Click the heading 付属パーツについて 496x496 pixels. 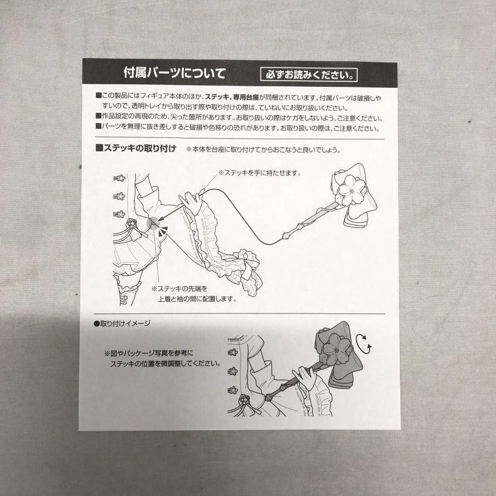174,73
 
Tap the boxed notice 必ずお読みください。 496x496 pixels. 309,75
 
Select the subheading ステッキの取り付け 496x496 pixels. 136,148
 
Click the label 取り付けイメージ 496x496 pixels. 123,323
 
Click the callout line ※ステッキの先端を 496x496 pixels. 180,289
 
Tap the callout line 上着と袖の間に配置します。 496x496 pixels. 197,299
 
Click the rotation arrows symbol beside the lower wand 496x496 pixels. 364,344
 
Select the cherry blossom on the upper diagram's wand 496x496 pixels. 352,190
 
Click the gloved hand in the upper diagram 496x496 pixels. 191,201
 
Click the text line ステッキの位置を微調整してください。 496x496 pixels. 166,364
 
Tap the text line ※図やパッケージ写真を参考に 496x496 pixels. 149,353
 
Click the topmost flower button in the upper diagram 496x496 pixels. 120,178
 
